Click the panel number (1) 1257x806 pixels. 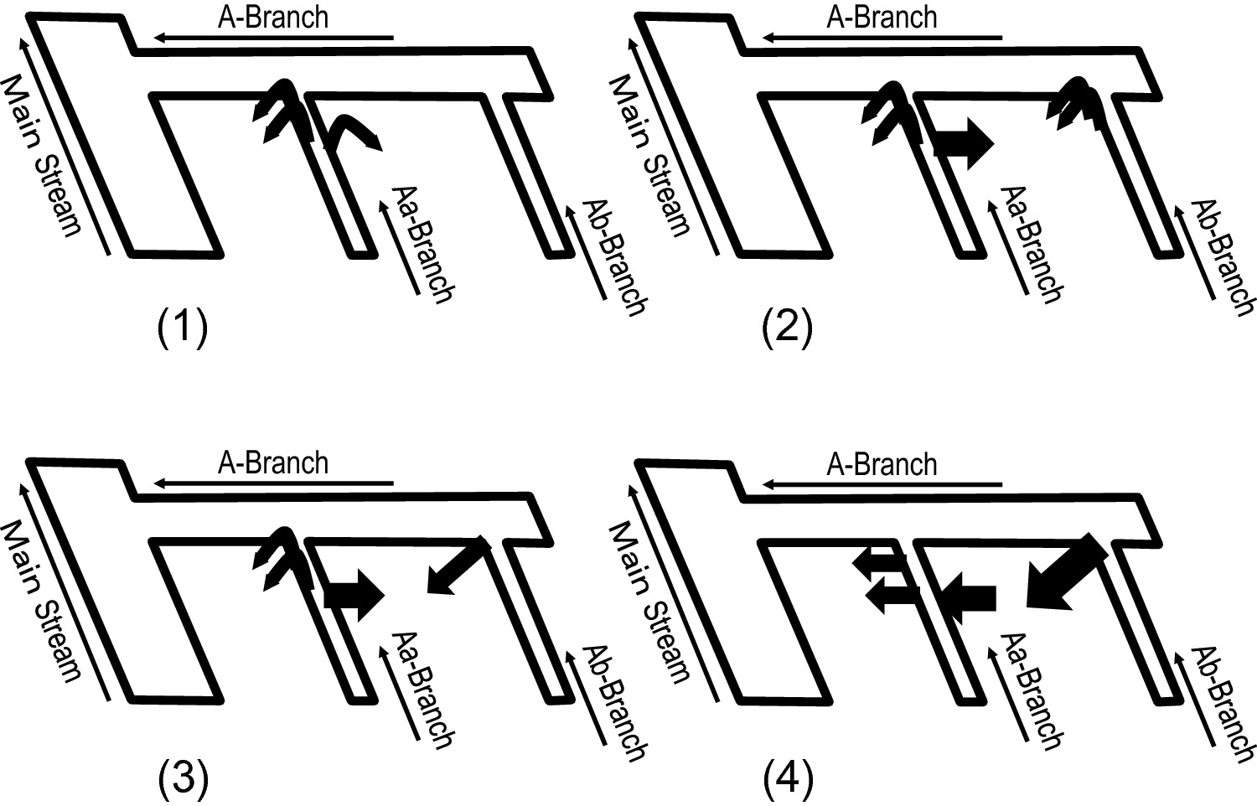183,328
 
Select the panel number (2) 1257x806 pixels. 787,328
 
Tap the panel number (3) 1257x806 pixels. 183,778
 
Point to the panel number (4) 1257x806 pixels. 788,778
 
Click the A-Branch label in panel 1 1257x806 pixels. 273,18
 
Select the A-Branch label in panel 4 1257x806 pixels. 882,464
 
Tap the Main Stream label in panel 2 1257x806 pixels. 649,155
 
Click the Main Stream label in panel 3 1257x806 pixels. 42,601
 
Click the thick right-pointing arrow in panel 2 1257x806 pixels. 964,142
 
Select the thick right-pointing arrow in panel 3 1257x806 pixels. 354,596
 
